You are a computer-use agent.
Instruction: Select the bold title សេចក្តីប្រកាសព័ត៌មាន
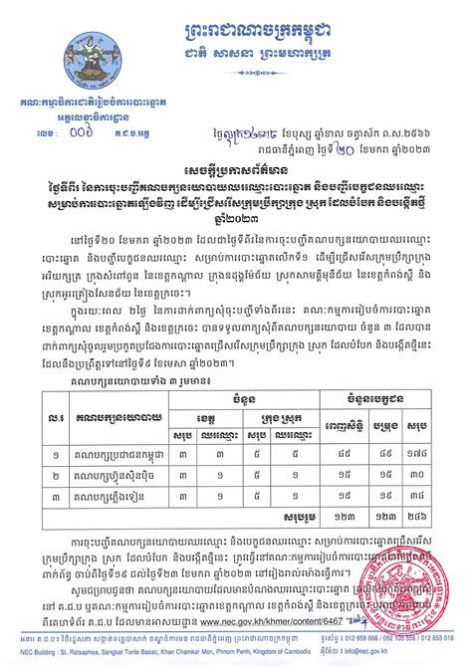pos(236,145)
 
